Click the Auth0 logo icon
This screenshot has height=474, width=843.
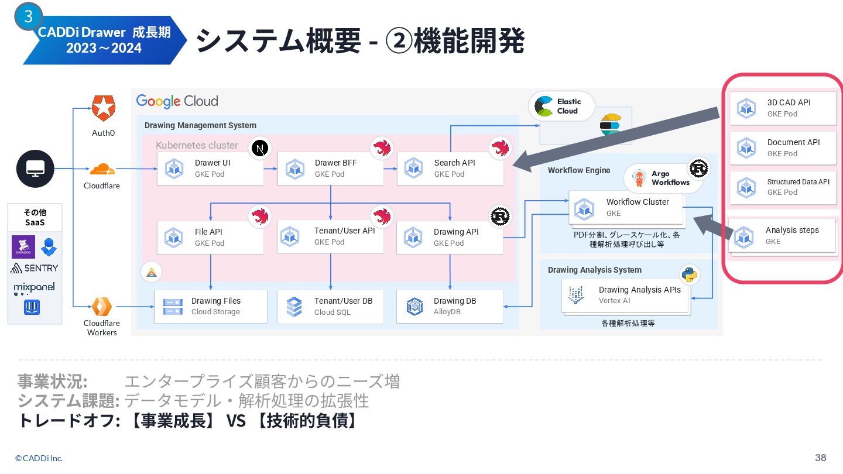(104, 108)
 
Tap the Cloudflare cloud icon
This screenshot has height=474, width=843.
(102, 169)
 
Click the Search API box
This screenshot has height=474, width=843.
(450, 169)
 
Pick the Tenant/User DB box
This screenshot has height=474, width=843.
(330, 306)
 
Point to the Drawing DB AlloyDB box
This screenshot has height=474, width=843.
(450, 306)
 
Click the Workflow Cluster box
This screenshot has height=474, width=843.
(625, 207)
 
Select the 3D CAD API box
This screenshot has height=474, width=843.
(782, 108)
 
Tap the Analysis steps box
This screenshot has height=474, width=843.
(782, 235)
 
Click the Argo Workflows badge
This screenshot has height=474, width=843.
(662, 178)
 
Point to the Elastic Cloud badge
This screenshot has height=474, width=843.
(561, 107)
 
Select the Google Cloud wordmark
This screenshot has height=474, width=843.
(177, 101)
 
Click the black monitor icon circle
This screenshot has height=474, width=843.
(35, 169)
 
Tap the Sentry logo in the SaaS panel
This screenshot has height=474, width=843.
(35, 268)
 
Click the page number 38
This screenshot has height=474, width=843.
(820, 458)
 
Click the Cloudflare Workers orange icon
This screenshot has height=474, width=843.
(102, 306)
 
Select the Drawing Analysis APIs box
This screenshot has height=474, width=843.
(626, 295)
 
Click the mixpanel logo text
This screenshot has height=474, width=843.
(35, 287)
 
